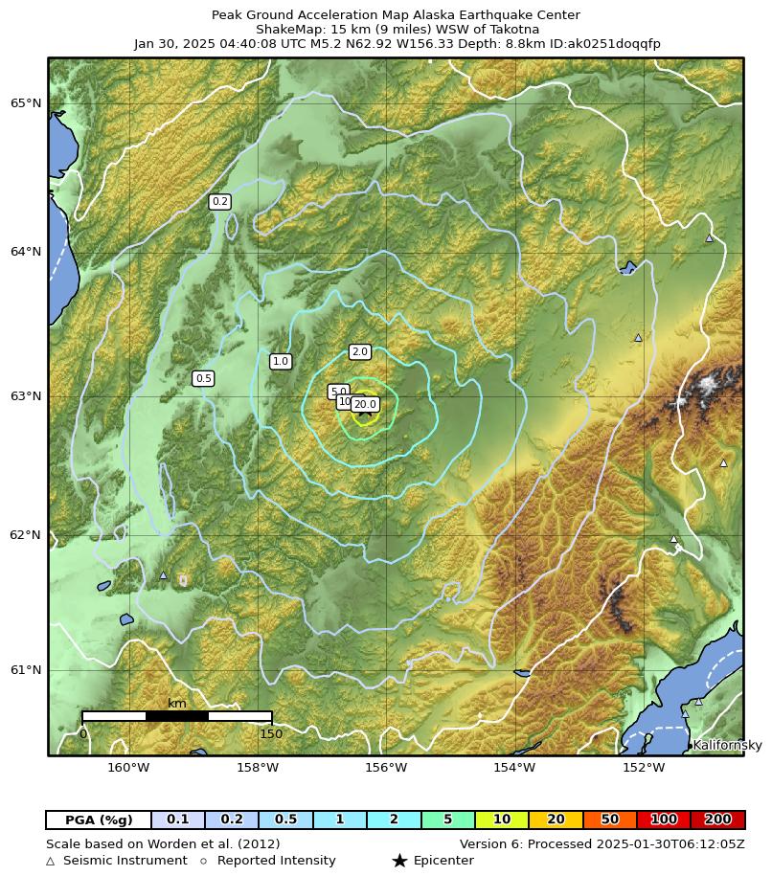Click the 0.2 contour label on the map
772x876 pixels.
(x=219, y=201)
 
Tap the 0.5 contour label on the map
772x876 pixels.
(x=203, y=378)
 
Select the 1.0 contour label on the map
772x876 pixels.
(x=280, y=361)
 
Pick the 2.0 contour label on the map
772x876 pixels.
(x=359, y=351)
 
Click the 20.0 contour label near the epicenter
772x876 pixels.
(x=365, y=404)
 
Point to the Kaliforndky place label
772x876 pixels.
(x=727, y=745)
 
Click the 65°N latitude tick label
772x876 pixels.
(x=26, y=102)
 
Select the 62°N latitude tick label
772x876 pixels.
(x=26, y=534)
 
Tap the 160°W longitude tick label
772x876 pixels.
(x=128, y=767)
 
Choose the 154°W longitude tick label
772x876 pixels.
(x=514, y=767)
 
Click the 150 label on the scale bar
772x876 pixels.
(x=271, y=734)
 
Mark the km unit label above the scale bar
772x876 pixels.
(x=177, y=704)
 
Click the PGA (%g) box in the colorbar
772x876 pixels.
(x=99, y=820)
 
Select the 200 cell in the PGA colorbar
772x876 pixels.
(x=717, y=820)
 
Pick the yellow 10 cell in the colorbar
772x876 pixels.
(x=502, y=820)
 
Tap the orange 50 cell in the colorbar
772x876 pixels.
(x=609, y=820)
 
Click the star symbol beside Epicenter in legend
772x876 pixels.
(x=399, y=861)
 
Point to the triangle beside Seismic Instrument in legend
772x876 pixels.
(x=51, y=861)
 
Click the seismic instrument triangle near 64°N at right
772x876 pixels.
(x=709, y=237)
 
